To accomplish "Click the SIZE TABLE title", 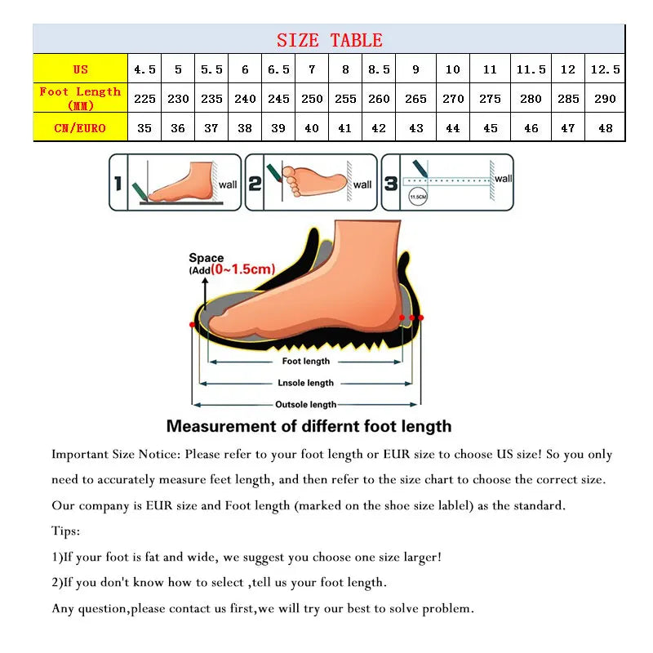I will coord(329,40).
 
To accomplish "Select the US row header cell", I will coord(80,69).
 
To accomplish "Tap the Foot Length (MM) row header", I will coord(80,98).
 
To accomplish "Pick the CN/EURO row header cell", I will coord(80,128).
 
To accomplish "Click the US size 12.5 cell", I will coord(605,69).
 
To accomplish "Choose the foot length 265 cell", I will coord(415,99).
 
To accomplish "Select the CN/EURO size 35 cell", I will coord(144,128).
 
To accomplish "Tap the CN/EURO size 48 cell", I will coord(605,128).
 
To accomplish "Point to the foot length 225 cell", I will coord(144,99).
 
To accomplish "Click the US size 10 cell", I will coord(453,69).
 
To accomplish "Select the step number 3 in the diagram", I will coord(391,184).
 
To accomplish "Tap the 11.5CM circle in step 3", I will coord(418,198).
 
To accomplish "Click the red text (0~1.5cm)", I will coord(242,269).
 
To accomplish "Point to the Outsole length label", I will coord(305,404).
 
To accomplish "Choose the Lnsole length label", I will coord(305,383).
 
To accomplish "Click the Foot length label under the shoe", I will coord(305,361).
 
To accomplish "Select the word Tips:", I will coord(66,531).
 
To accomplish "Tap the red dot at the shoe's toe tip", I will coord(193,325).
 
